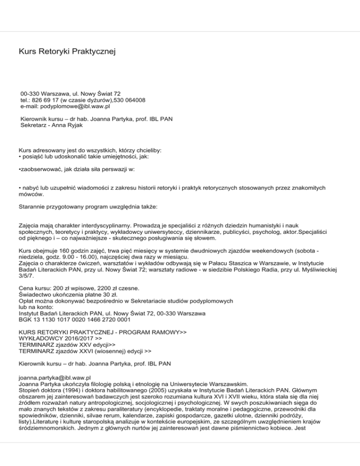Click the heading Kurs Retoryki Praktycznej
point(67,50)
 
